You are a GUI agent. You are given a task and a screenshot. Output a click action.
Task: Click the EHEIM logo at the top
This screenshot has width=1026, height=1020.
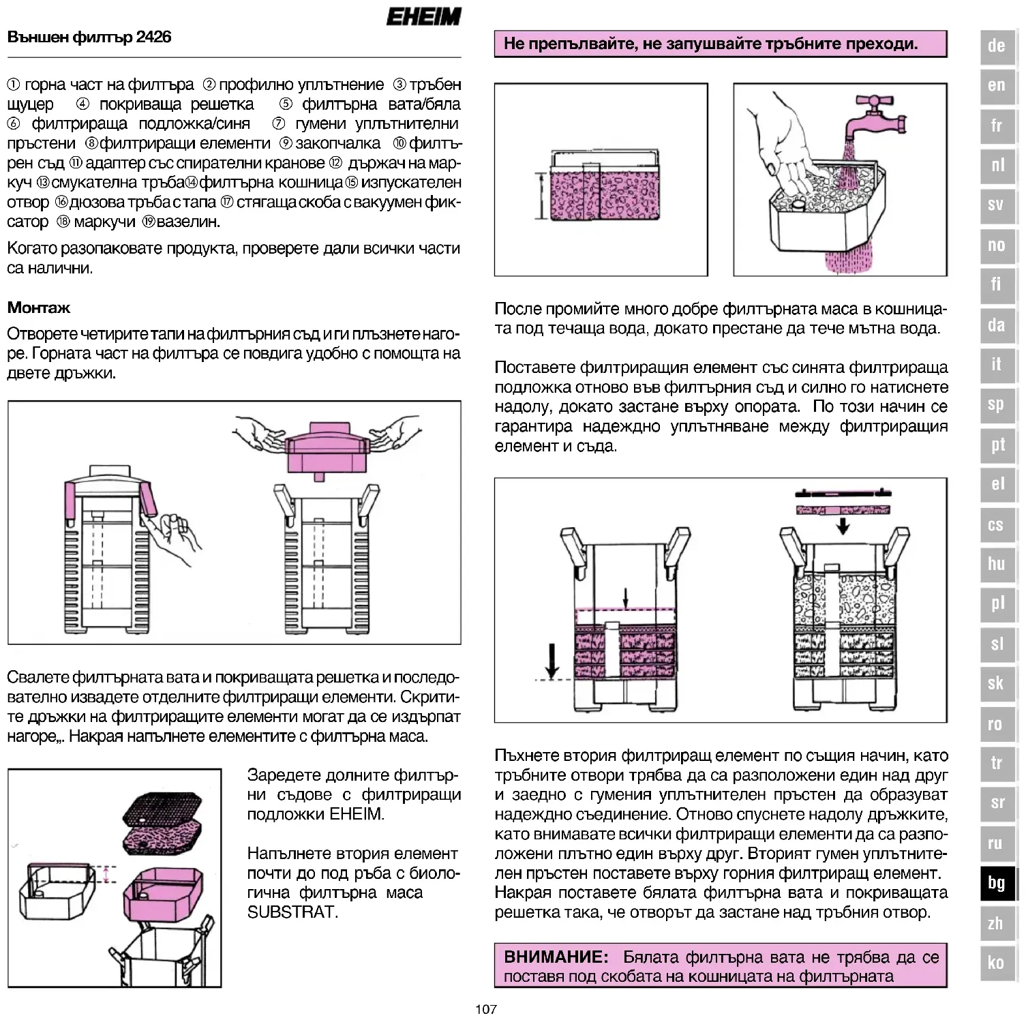tap(423, 16)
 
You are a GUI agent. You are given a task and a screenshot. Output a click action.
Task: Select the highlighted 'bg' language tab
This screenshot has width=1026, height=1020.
tap(996, 883)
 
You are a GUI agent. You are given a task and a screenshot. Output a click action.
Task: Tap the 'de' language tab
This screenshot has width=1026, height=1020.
tap(996, 46)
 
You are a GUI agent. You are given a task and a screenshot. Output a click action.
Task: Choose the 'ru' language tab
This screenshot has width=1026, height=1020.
tap(996, 843)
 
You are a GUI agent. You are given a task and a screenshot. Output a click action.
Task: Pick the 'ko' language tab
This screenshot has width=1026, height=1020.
tap(996, 962)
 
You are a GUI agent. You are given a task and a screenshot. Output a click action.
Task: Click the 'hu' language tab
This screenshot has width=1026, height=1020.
tap(996, 564)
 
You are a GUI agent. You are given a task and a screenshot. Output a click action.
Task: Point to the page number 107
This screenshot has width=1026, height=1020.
tap(486, 1009)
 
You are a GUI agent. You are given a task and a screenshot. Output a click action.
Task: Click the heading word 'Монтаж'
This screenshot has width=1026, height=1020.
tap(39, 307)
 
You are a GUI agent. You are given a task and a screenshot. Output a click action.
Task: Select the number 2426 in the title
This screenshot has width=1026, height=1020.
tap(153, 37)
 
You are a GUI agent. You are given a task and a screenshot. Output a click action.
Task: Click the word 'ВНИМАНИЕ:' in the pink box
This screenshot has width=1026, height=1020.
tap(556, 957)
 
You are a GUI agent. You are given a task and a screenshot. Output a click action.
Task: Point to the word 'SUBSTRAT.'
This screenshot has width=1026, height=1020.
tap(292, 912)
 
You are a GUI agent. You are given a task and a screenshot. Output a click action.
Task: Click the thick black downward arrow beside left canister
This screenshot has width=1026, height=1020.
tap(552, 659)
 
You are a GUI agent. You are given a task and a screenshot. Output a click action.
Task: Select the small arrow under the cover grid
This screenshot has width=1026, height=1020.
tap(843, 526)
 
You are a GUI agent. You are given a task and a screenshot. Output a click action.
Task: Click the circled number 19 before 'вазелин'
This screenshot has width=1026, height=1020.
tap(149, 222)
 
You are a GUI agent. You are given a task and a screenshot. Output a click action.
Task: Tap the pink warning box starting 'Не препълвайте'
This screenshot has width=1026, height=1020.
tap(721, 44)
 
